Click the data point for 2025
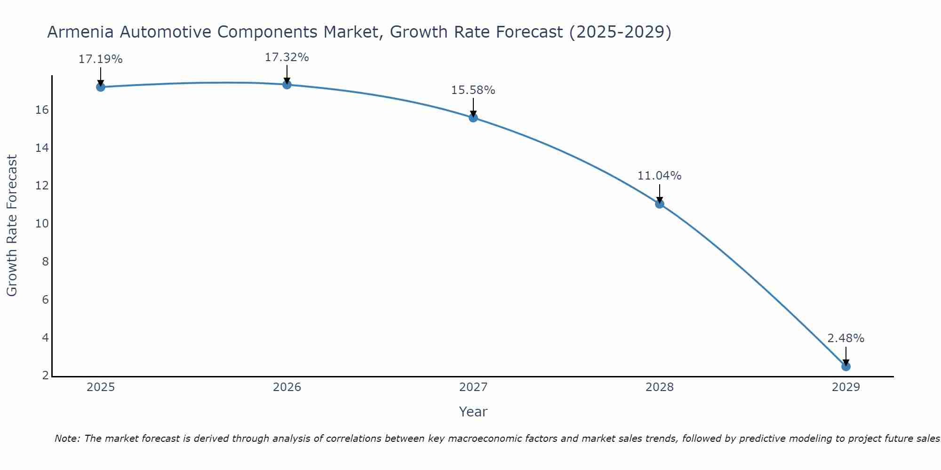tap(100, 87)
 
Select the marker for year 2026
tap(287, 85)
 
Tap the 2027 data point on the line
tap(473, 117)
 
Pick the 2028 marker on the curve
tap(660, 204)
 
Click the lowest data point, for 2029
tap(846, 366)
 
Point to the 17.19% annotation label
tap(100, 59)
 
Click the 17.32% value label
tap(287, 57)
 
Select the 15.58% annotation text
tap(473, 90)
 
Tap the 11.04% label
tap(660, 176)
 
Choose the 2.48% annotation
tap(846, 338)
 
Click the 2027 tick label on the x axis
tap(473, 387)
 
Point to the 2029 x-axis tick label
tap(846, 387)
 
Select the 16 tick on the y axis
tap(42, 110)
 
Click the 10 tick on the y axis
tap(42, 224)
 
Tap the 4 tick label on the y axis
tap(45, 337)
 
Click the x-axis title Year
tap(473, 412)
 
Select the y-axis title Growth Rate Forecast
tap(12, 226)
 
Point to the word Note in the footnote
tap(67, 439)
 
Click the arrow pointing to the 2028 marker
tap(660, 193)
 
